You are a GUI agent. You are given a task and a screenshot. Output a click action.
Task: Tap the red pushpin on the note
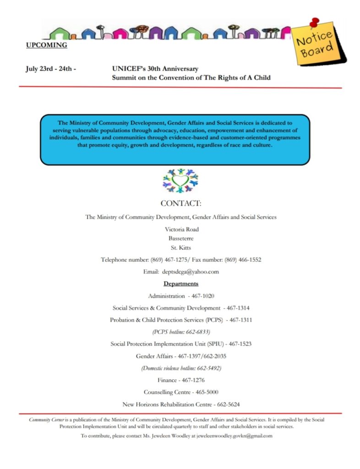[314, 22]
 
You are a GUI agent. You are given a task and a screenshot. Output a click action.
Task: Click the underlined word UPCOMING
[46, 45]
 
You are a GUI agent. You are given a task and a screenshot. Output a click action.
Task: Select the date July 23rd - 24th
[50, 69]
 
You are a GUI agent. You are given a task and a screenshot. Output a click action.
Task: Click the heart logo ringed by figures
[180, 180]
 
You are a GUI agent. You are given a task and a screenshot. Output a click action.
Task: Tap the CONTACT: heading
[180, 203]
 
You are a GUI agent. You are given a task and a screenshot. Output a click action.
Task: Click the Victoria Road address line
[181, 229]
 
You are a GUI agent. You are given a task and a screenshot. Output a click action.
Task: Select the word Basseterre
[181, 238]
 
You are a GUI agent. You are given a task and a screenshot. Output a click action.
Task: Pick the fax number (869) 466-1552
[243, 260]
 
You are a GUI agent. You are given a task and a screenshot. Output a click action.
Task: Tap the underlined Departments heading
[180, 284]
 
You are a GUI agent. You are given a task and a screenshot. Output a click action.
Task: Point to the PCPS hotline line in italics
[181, 331]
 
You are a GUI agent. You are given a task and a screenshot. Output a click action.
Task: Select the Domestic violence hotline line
[181, 368]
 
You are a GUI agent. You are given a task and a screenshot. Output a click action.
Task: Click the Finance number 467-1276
[193, 380]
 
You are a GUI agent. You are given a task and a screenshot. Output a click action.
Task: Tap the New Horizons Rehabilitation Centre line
[181, 404]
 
